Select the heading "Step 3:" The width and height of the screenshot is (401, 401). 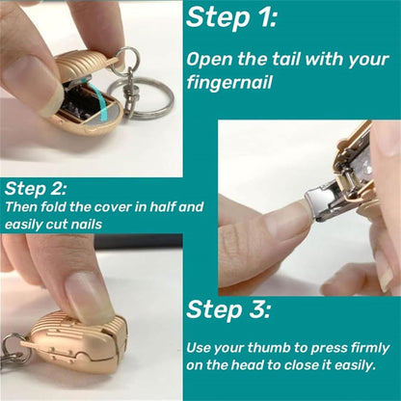click(x=227, y=309)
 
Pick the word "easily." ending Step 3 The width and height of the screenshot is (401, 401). click(x=362, y=366)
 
